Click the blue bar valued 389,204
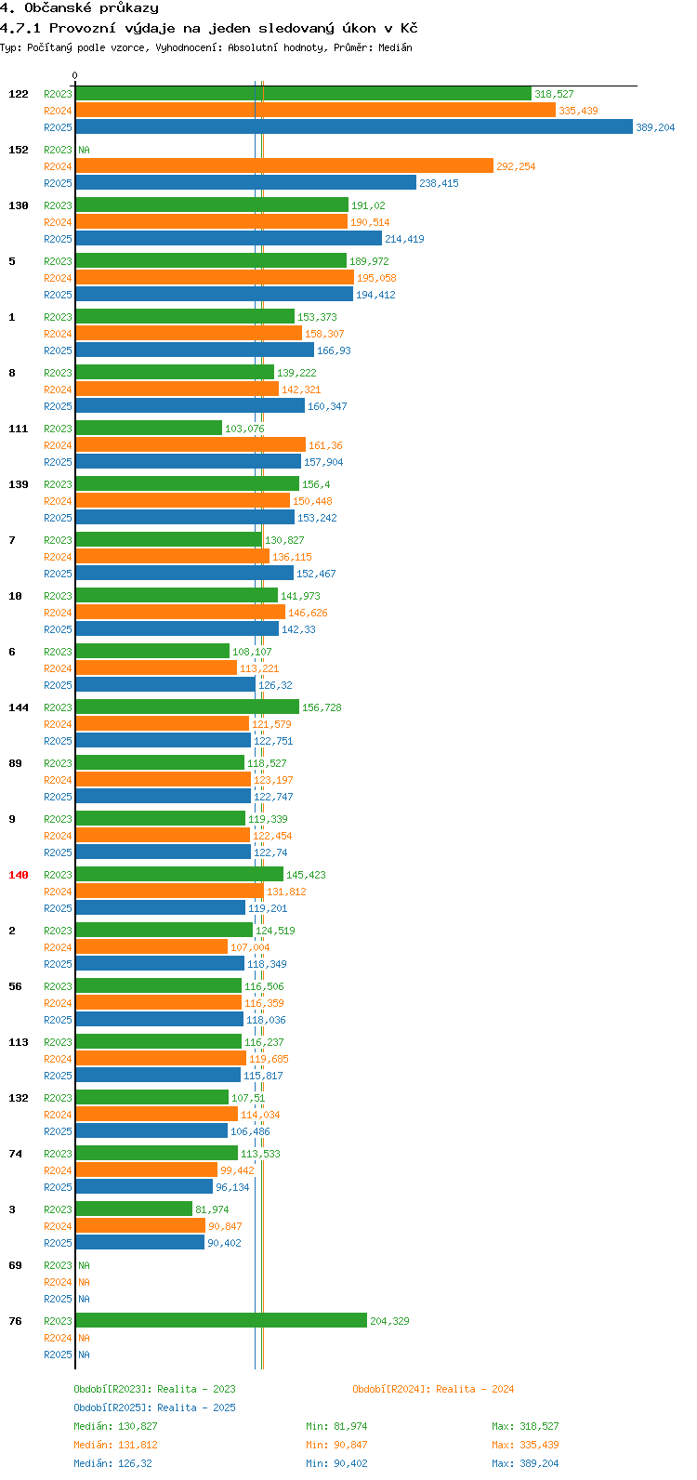point(353,127)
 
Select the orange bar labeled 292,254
point(283,166)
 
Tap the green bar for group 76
point(221,1321)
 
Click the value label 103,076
point(244,429)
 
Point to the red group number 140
point(19,875)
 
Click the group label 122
point(19,94)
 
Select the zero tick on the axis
point(75,76)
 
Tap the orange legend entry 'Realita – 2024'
point(433,1389)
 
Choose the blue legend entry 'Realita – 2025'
point(154,1407)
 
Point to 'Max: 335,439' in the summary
point(525,1445)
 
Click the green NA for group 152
point(84,150)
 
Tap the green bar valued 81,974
point(134,1209)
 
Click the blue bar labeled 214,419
point(229,239)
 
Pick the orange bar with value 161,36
point(191,445)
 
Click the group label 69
point(16,1265)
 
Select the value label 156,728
point(322,707)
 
